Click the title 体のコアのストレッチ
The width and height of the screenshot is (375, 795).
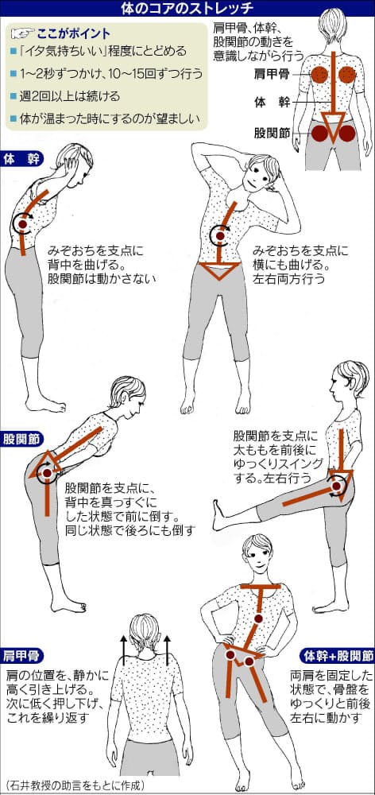pyautogui.click(x=187, y=10)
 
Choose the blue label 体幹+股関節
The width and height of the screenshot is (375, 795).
pyautogui.click(x=337, y=657)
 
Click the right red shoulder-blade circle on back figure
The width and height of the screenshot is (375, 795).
pyautogui.click(x=349, y=76)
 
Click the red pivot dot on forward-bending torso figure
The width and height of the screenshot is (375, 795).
pyautogui.click(x=24, y=225)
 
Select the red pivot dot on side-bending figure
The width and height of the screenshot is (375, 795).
pyautogui.click(x=218, y=235)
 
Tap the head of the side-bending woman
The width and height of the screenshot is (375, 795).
pyautogui.click(x=261, y=169)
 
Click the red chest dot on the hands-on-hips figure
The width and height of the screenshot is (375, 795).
pyautogui.click(x=258, y=619)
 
